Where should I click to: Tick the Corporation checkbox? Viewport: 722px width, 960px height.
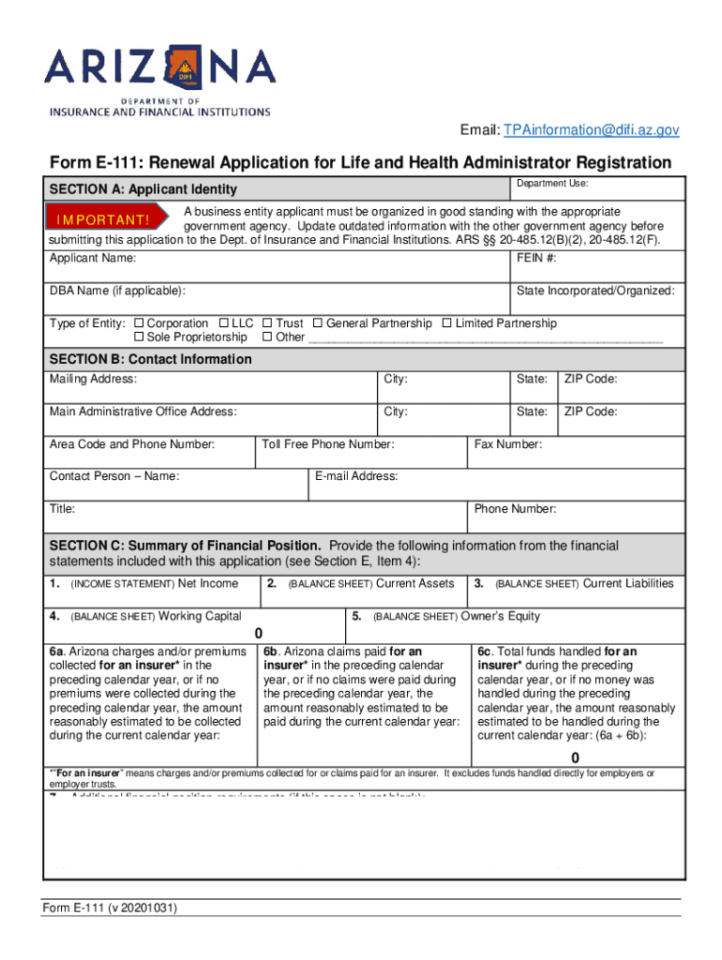point(140,323)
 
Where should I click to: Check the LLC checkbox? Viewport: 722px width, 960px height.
point(224,323)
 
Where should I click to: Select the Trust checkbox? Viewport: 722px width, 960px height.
point(268,323)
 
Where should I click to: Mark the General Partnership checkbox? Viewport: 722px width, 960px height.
point(318,323)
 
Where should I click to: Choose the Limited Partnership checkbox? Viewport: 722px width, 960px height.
point(446,323)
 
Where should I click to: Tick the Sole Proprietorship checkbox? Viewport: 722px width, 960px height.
point(140,337)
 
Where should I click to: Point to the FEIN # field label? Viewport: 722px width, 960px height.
point(537,258)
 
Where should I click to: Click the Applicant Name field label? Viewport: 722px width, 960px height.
point(93,258)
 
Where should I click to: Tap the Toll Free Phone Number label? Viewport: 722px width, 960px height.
point(328,444)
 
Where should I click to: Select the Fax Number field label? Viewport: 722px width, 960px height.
point(508,444)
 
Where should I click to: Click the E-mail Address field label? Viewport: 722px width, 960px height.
point(356,476)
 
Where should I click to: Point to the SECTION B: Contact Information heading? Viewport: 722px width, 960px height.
point(150,359)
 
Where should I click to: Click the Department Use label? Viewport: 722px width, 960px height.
point(552,184)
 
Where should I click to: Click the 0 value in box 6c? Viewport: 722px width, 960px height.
point(576,757)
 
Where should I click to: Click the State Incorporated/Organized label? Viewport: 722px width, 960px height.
point(595,291)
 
